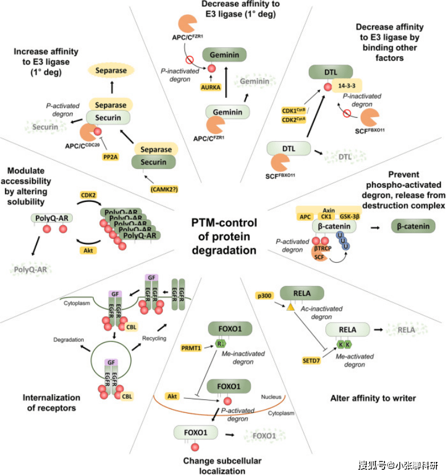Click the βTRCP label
[323, 249]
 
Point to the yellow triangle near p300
[290, 307]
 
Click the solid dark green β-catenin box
[413, 226]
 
